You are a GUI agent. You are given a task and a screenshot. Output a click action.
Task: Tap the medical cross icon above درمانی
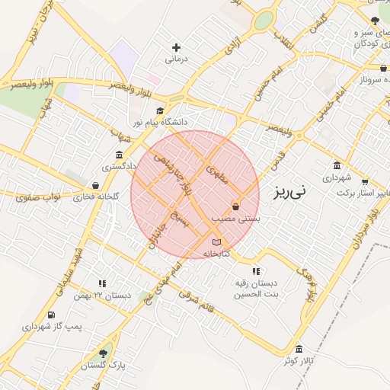(177, 47)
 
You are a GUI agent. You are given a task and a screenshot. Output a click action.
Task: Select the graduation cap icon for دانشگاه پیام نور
(159, 111)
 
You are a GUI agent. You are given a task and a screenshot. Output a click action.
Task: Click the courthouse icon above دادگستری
(119, 155)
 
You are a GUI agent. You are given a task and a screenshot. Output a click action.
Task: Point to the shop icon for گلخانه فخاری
(95, 185)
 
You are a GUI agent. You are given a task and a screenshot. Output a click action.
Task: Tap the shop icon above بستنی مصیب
(235, 207)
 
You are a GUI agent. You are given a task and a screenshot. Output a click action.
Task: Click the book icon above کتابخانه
(216, 242)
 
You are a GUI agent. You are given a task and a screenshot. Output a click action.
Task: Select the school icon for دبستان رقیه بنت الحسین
(255, 271)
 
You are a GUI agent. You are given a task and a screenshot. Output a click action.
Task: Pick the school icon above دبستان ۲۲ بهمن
(102, 283)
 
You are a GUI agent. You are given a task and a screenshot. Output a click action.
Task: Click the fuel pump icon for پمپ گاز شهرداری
(51, 315)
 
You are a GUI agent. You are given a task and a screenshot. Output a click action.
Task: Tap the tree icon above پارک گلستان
(103, 353)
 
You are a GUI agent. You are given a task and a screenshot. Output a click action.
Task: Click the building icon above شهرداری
(337, 166)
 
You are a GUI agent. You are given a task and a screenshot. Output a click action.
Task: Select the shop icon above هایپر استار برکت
(365, 182)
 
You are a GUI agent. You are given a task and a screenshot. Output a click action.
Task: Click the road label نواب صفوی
(37, 197)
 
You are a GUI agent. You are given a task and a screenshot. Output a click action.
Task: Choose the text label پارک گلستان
(104, 366)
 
